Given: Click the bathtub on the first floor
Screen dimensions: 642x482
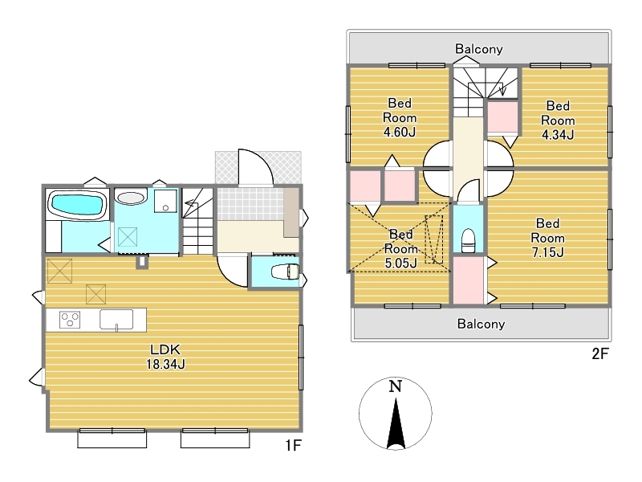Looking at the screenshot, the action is tap(77, 205).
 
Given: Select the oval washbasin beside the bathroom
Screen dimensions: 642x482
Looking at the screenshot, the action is tap(131, 198).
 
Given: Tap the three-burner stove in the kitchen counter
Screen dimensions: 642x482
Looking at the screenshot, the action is tap(70, 320).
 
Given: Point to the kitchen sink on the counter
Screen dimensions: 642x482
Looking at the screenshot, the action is tap(116, 320).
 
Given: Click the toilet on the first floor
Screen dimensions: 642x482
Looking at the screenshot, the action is tap(286, 272).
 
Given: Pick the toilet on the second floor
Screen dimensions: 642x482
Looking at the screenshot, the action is tap(468, 240).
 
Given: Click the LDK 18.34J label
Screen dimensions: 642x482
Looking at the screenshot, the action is tap(165, 357).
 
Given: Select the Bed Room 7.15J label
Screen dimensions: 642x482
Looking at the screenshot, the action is tap(547, 238).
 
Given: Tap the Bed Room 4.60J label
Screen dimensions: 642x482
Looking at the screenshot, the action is tap(400, 117).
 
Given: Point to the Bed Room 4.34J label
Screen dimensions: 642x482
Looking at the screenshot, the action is tap(558, 120).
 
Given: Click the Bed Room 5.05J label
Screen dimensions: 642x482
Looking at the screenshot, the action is tap(400, 249).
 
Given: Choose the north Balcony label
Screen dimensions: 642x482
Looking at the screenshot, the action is tap(478, 49).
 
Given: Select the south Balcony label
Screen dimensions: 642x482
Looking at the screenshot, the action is tap(481, 324).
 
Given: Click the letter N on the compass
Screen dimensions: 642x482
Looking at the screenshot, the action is tap(395, 386).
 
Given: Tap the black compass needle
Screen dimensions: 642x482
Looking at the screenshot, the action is tap(396, 423).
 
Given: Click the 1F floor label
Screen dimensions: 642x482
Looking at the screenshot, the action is tap(293, 445).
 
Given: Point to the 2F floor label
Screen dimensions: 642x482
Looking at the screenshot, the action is tap(600, 353).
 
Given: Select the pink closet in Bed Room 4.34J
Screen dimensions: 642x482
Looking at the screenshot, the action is tap(502, 117).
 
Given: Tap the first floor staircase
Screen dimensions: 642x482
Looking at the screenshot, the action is tap(197, 222).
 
